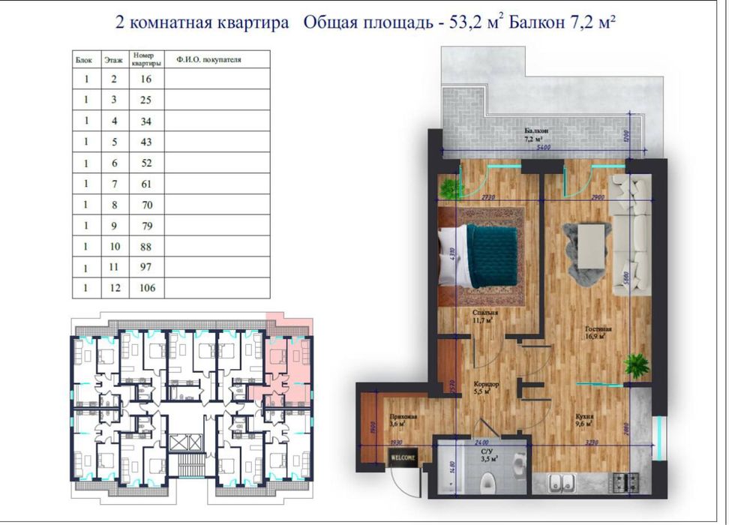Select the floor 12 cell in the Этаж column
tap(114, 288)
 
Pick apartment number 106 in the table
tap(147, 288)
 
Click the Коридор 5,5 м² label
tap(487, 388)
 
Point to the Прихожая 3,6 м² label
tap(398, 421)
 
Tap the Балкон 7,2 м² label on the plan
tap(536, 135)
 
